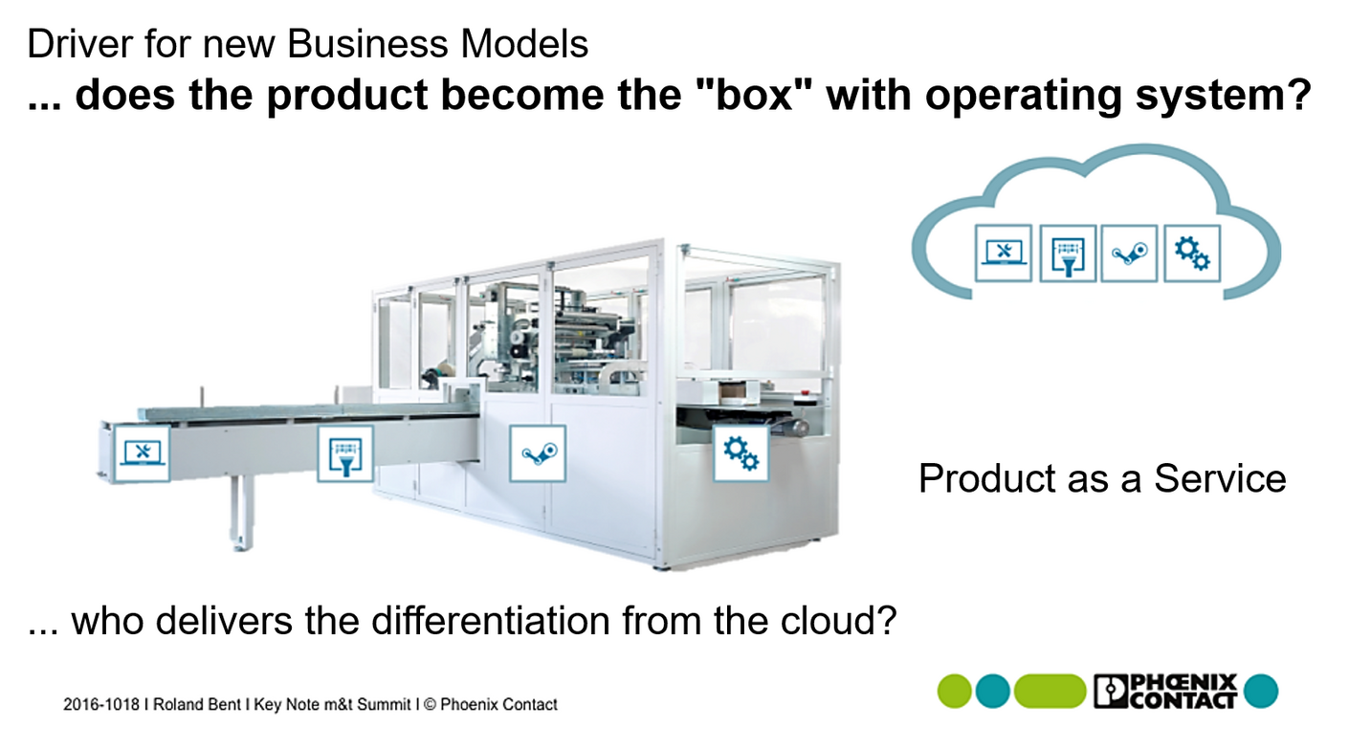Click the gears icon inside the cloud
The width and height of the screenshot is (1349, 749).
coord(1192,253)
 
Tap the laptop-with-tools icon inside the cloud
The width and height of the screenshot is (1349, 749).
coord(1004,253)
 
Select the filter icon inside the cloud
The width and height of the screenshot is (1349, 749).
coord(1068,253)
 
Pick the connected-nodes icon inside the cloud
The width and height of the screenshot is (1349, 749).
coord(1129,253)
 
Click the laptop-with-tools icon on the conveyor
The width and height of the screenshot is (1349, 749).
coord(143,453)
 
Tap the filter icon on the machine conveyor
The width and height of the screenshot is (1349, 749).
coord(345,453)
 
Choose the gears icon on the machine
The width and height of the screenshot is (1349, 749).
coord(741,453)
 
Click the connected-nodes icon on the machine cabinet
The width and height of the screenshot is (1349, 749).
coord(538,453)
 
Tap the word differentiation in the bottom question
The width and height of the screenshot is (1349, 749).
coord(490,620)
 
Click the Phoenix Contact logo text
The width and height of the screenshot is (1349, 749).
coord(1166,692)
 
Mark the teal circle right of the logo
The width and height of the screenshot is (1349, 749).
coord(1261,692)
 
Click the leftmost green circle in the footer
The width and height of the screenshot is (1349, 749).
coord(955,692)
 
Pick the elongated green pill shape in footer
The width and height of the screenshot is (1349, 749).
coord(1050,692)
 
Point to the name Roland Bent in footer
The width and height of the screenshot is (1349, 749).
coord(197,704)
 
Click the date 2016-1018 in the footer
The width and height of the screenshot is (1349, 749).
coord(101,704)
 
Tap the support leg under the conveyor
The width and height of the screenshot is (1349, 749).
coord(241,512)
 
